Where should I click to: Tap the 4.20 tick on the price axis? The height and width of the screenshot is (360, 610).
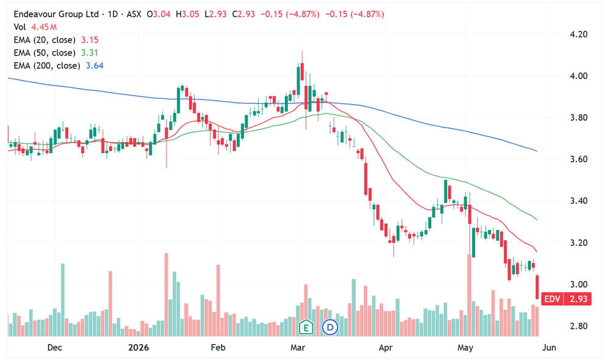[578, 34]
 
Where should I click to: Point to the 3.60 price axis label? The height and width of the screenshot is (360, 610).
[578, 159]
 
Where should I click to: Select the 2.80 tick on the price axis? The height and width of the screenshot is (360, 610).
[578, 326]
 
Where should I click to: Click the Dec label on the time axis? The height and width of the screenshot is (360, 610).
[54, 348]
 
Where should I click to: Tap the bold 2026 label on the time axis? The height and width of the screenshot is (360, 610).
[138, 348]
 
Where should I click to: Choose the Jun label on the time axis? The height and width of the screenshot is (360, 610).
[549, 348]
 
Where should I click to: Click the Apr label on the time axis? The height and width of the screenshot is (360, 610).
[386, 348]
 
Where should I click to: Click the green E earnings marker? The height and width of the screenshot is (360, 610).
[306, 327]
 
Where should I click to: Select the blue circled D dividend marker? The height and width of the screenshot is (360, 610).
[330, 327]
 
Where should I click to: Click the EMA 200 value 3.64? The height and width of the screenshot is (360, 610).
[95, 66]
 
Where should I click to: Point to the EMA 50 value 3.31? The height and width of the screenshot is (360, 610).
[90, 53]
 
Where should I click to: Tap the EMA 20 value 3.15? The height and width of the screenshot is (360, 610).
[90, 40]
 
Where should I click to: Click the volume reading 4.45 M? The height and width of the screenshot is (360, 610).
[44, 27]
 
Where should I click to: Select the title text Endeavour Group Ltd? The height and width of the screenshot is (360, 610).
[56, 15]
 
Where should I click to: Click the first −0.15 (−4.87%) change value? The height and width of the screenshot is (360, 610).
[290, 15]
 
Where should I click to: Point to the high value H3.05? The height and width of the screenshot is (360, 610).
[187, 15]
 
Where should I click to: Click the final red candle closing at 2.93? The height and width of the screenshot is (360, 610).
[537, 287]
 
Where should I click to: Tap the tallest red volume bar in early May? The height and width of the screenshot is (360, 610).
[469, 295]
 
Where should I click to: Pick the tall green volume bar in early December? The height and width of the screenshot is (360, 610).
[63, 300]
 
